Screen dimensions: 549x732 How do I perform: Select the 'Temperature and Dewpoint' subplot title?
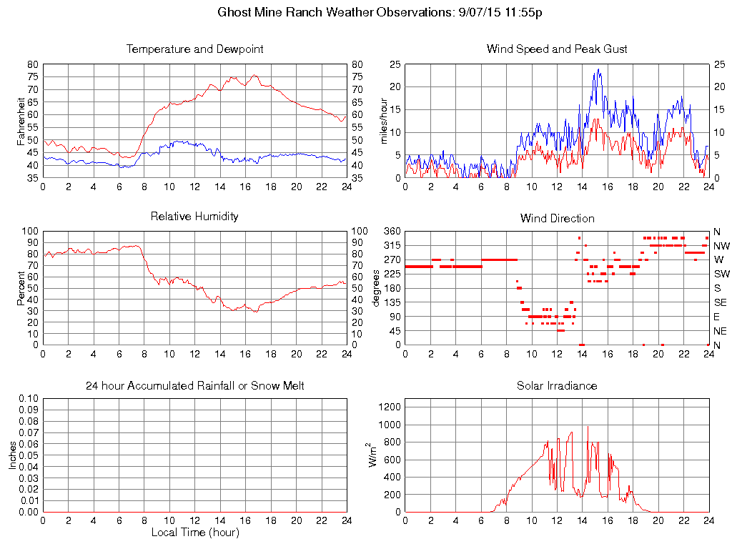coord(194,49)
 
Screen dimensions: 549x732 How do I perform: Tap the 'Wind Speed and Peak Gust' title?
coord(557,49)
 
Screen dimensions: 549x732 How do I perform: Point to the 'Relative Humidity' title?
coord(194,216)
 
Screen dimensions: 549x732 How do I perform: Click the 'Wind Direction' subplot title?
coord(557,218)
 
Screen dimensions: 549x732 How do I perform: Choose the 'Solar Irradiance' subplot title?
coord(557,386)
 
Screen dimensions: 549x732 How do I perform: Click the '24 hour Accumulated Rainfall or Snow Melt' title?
coord(194,386)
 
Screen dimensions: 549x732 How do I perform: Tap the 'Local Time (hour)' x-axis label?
coord(194,533)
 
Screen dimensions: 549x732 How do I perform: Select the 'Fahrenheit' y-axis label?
coord(21,122)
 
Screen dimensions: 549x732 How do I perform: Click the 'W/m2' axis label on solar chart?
coord(372,455)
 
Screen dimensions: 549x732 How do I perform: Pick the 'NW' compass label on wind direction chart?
coord(720,246)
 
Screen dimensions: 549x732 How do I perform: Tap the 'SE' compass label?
coord(718,302)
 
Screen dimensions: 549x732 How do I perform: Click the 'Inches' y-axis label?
coord(13,455)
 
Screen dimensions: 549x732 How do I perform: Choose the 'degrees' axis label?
coord(376,288)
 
